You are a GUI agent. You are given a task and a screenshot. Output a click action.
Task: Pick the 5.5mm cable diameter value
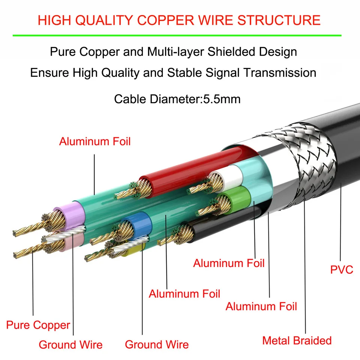222,99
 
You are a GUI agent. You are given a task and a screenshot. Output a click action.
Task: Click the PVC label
341,270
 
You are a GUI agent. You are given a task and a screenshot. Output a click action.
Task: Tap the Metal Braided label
297,340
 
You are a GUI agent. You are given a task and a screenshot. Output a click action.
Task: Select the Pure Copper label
38,325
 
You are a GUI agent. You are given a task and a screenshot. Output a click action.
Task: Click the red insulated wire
195,165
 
